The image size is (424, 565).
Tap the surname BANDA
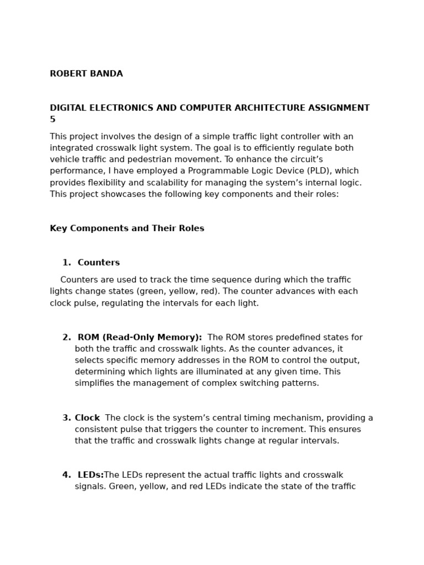coord(107,74)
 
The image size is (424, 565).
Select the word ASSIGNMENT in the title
coord(338,108)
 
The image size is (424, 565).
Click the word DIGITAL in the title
coord(68,108)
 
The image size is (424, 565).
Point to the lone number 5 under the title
coord(52,120)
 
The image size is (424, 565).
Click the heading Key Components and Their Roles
coord(127,228)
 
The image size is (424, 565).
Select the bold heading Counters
coord(99,263)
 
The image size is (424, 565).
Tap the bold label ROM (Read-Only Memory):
coord(140,338)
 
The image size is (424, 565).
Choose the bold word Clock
coord(87,418)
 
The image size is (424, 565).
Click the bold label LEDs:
coord(91,475)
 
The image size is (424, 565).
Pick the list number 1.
coord(66,263)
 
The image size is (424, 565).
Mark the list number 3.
coord(66,418)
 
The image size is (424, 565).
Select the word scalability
coord(257,183)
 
